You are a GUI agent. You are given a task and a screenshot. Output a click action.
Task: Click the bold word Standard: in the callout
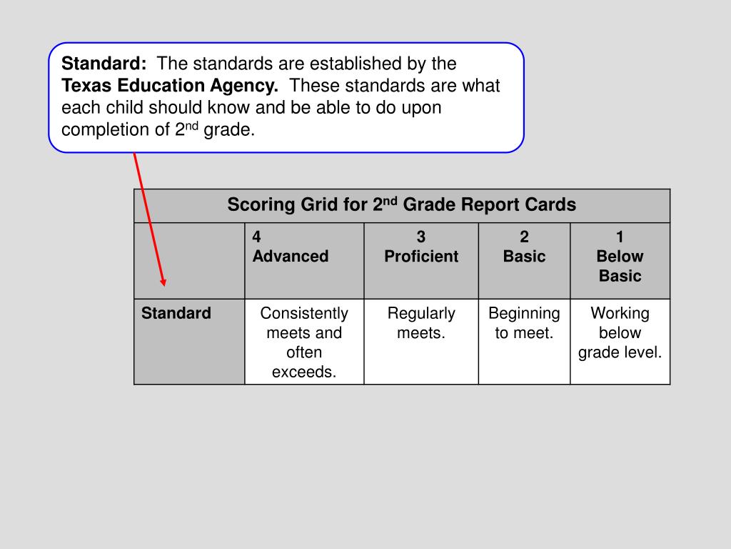104,64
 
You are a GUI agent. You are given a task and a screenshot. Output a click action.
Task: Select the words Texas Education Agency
170,86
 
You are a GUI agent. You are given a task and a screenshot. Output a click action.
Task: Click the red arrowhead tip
163,283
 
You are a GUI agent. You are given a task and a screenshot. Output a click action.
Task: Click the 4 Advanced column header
290,247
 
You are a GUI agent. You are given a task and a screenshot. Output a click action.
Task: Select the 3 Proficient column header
421,247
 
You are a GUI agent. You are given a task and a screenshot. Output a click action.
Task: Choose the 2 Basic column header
524,247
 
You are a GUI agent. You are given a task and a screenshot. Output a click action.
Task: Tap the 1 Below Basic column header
620,257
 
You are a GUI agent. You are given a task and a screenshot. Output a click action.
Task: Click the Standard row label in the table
176,314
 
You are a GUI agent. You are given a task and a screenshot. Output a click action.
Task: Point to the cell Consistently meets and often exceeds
304,342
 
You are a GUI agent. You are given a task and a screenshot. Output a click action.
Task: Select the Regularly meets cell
421,323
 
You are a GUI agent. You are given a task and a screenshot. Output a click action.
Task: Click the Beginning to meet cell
524,323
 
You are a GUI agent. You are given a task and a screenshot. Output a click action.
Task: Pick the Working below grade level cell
620,333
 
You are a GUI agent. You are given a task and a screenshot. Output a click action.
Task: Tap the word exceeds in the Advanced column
304,372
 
